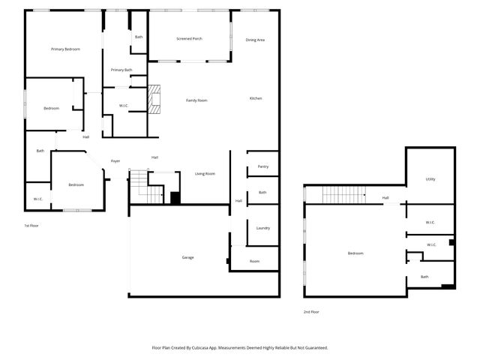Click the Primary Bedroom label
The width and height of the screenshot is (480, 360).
(x=66, y=49)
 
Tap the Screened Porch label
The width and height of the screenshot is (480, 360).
(x=189, y=38)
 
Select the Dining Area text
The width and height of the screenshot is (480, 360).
(x=255, y=39)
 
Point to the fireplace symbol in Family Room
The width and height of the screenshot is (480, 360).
(x=154, y=99)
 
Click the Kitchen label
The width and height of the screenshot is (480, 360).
(x=255, y=99)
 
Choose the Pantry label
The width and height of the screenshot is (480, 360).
(x=262, y=166)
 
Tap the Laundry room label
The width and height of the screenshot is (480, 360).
(x=262, y=228)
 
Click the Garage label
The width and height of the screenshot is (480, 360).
(x=187, y=257)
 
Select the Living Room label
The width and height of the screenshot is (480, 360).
(x=205, y=174)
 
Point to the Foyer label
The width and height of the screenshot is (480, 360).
(x=115, y=160)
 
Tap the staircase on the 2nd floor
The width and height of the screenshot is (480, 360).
(x=343, y=195)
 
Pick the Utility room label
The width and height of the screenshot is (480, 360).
(x=430, y=179)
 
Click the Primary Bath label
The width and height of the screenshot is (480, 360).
(x=121, y=70)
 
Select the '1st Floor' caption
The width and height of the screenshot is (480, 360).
(x=31, y=225)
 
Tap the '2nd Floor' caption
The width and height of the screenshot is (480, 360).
(x=311, y=311)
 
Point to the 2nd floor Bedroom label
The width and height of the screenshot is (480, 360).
(x=355, y=253)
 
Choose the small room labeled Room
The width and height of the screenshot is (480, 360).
(x=255, y=261)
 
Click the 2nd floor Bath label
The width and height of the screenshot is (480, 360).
(x=424, y=277)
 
